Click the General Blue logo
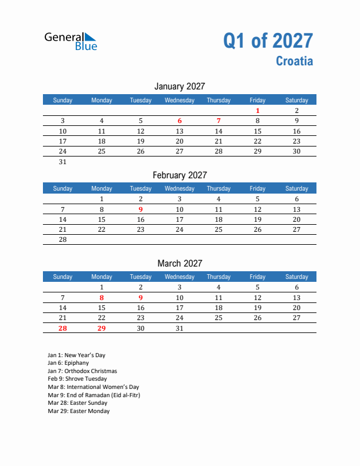click(x=71, y=41)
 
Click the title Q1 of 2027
click(x=268, y=41)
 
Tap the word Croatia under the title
click(x=294, y=61)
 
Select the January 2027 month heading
click(x=179, y=86)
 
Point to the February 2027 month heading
click(x=179, y=175)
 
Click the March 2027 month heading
click(x=179, y=263)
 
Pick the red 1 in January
click(x=258, y=111)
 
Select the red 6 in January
click(x=179, y=121)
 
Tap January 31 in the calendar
click(x=63, y=162)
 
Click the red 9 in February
click(x=141, y=209)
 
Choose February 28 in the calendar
click(x=63, y=239)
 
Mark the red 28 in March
click(x=63, y=328)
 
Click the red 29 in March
click(x=102, y=328)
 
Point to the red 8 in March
click(x=102, y=298)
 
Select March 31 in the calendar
click(x=179, y=328)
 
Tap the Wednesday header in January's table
click(x=179, y=100)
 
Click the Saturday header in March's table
click(x=296, y=277)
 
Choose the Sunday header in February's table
click(x=63, y=188)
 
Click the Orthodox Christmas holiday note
click(x=82, y=371)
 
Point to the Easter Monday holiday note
click(x=79, y=411)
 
